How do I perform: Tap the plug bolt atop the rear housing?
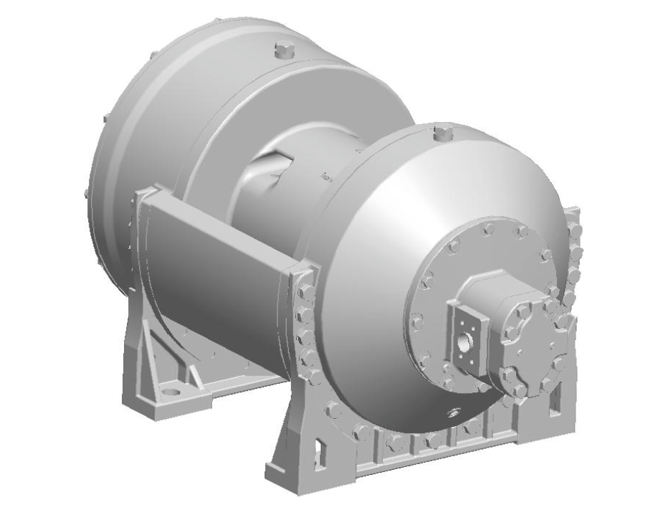tap(280, 52)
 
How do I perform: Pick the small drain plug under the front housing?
tap(452, 411)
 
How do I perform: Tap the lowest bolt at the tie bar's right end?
tap(313, 376)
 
